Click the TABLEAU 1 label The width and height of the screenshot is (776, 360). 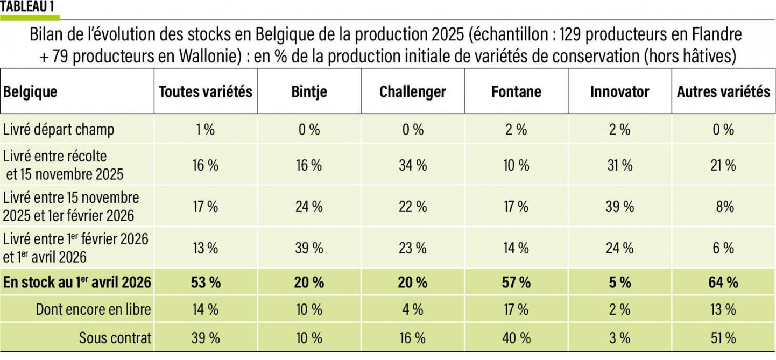tap(30, 7)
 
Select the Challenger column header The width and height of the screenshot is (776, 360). tap(412, 92)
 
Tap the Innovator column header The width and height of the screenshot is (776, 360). tap(619, 92)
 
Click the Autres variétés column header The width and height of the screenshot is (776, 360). tap(723, 92)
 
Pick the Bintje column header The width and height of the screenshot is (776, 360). tap(309, 92)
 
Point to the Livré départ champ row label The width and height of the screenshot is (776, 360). tap(59, 130)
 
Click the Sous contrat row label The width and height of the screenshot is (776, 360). tap(115, 338)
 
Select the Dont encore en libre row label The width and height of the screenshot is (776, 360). tap(93, 309)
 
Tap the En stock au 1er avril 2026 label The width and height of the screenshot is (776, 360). tap(77, 282)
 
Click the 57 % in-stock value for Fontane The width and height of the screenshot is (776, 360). tap(516, 282)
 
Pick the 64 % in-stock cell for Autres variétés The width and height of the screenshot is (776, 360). tap(723, 282)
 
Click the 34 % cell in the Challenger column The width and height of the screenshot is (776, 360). tap(412, 165)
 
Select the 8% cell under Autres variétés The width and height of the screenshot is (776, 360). tap(723, 207)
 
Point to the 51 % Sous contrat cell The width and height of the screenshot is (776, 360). tap(723, 338)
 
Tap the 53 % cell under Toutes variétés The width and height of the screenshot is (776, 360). tap(205, 282)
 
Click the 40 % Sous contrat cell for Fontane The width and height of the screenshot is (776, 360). tap(516, 338)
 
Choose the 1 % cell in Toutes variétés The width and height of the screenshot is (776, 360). tap(205, 130)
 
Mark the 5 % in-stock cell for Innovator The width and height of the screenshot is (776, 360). tap(619, 282)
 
